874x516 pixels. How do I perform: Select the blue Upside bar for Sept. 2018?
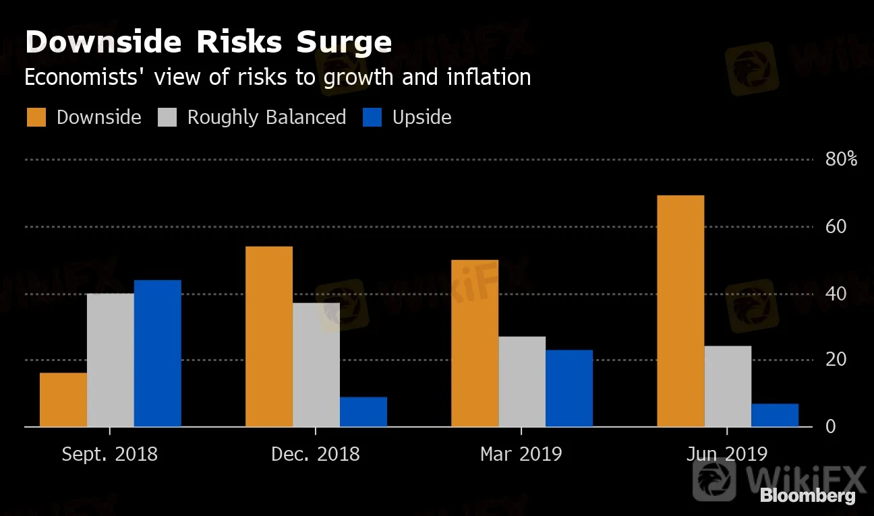(158, 353)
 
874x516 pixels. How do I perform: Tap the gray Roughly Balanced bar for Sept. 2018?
(111, 360)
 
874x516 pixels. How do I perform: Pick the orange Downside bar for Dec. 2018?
(269, 336)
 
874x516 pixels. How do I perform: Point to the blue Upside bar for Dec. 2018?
(363, 412)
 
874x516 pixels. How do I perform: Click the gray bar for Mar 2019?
(522, 381)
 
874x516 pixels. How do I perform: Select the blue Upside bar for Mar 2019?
(569, 388)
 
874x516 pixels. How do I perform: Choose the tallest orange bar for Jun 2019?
(680, 311)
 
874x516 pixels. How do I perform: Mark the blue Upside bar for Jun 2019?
(775, 415)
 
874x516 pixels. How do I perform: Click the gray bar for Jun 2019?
(728, 386)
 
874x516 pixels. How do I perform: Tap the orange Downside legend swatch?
(36, 117)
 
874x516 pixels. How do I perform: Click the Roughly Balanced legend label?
(266, 117)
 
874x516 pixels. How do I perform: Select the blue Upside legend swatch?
(372, 117)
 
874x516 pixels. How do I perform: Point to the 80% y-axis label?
(841, 160)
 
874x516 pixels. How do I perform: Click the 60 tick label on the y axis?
(836, 226)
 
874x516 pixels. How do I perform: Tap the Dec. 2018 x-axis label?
(316, 454)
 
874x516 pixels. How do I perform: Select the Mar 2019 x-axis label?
(521, 454)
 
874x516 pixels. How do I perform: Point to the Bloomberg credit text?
(808, 496)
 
